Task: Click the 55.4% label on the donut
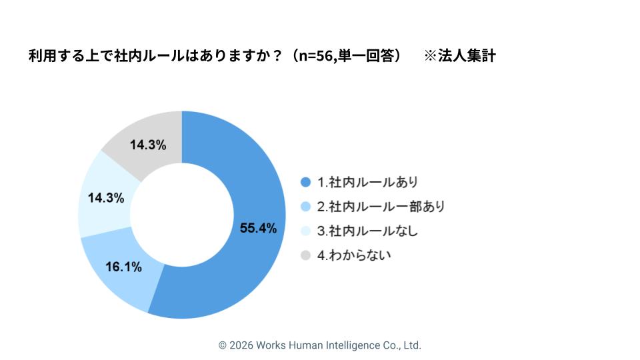258,229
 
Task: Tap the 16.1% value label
124,267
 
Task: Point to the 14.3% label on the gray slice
148,145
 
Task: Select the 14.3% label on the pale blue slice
106,198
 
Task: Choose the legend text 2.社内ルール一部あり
381,207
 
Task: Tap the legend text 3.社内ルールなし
367,231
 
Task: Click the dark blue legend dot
306,182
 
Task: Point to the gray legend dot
306,255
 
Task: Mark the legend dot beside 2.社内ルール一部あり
306,207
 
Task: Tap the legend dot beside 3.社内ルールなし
306,231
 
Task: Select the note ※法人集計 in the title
460,56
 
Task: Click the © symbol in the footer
223,345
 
